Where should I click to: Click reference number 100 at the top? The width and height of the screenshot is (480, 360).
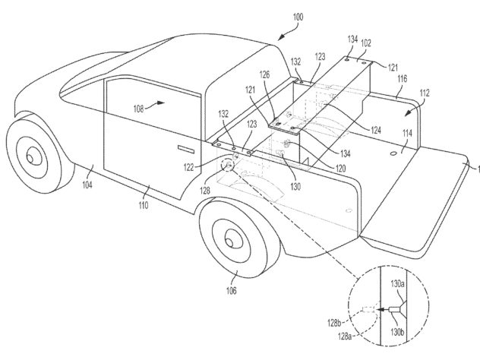point(298,17)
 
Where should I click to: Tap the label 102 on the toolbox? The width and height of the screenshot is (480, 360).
point(366,43)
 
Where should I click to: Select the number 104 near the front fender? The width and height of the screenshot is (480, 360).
point(87,185)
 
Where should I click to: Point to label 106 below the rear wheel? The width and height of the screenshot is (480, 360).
point(232,290)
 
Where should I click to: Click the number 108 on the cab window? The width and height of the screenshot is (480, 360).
point(139,109)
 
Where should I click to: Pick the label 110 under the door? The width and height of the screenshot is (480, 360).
point(144,205)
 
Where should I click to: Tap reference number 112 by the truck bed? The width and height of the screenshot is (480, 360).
point(425,93)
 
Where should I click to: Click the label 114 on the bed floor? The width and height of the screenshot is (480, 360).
point(407,133)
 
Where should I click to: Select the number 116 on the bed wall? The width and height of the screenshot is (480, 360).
point(402,79)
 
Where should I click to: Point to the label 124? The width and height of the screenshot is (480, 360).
point(376,130)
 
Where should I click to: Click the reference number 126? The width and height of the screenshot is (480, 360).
point(265,74)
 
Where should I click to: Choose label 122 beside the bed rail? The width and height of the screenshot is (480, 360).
point(189,167)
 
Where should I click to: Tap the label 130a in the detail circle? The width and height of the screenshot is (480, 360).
point(397,284)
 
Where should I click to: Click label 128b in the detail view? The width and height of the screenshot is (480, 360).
point(334,323)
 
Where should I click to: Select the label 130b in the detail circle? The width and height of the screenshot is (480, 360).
point(397,332)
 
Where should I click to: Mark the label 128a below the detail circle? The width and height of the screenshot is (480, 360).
point(344,336)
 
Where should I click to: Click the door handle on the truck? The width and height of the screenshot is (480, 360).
point(186,150)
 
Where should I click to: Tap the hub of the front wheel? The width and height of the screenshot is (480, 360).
point(30,158)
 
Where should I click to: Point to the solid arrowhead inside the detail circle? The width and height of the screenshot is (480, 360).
point(380,310)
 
